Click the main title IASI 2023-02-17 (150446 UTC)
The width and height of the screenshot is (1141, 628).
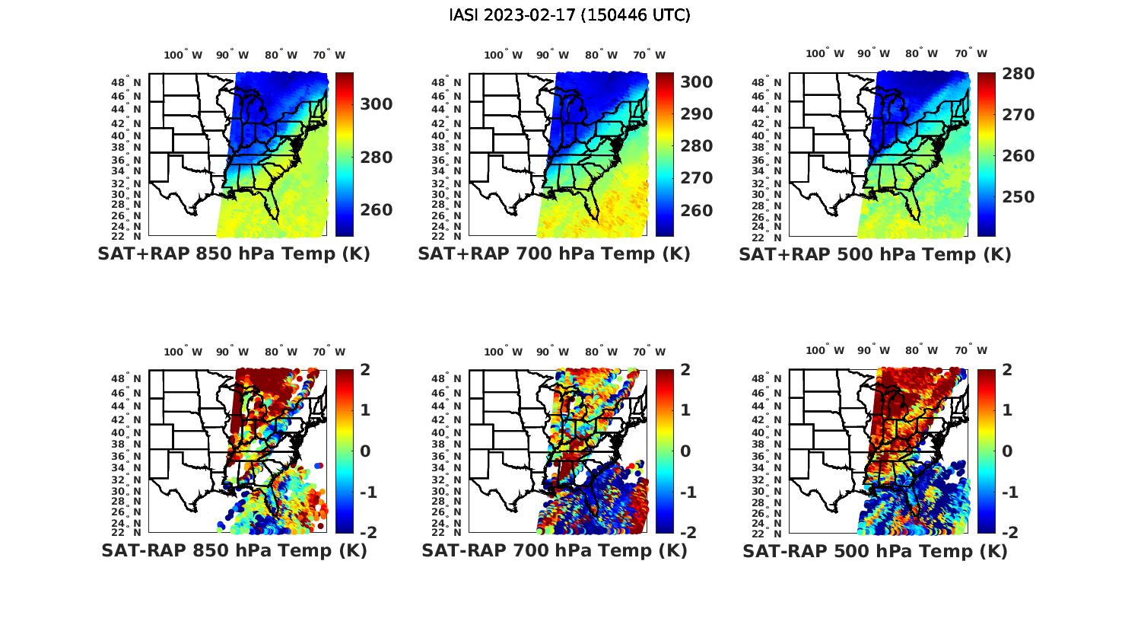pos(570,15)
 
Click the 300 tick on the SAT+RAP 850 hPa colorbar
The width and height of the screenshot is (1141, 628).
pos(377,104)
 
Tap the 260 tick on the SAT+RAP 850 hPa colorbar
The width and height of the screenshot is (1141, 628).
pos(377,210)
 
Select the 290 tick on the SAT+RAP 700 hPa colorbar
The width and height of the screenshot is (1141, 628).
pos(697,114)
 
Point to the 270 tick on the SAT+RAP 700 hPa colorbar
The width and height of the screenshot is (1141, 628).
pos(697,178)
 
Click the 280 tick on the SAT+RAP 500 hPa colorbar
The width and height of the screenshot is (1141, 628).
pos(1018,74)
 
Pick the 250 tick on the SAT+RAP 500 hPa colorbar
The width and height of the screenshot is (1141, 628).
pos(1018,197)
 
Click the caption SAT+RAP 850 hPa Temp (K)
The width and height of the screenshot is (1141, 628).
pos(234,254)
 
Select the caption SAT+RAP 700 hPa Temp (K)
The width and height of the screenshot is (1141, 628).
pos(554,254)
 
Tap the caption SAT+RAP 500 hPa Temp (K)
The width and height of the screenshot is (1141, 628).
pos(875,254)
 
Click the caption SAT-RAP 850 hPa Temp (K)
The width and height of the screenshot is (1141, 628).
pos(234,551)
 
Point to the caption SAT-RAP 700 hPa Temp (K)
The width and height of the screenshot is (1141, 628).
pos(554,551)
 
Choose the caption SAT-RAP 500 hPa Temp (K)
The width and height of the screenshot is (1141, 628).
pos(875,551)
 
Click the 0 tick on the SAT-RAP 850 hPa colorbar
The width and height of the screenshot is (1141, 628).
pos(364,451)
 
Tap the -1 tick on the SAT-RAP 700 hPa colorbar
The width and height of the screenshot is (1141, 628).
pos(688,493)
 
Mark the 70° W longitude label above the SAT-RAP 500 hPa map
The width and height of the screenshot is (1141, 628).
pos(971,352)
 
